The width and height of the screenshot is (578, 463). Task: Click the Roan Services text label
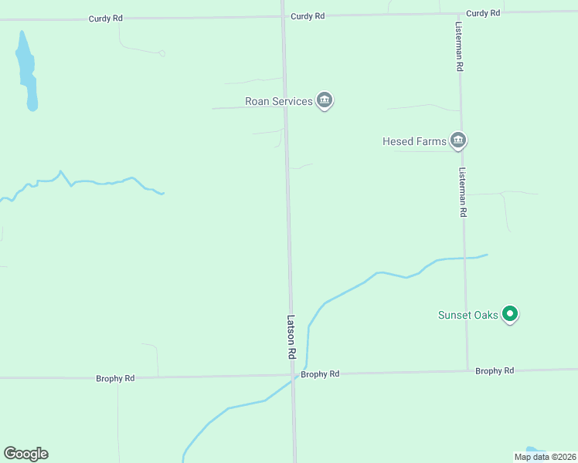click(278, 101)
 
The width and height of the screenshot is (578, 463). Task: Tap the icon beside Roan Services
click(325, 100)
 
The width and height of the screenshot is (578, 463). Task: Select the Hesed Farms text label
click(414, 141)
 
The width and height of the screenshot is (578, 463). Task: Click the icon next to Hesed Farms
click(459, 140)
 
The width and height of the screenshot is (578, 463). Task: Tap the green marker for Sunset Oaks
click(509, 313)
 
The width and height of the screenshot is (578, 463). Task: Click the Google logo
click(25, 454)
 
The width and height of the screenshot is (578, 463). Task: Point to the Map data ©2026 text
click(545, 457)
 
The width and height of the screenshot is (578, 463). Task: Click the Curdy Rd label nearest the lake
click(105, 17)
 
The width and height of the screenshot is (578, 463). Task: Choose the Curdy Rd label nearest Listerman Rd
click(484, 13)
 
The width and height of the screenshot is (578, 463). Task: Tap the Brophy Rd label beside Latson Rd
click(320, 374)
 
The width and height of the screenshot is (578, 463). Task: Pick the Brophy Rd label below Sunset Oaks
click(495, 371)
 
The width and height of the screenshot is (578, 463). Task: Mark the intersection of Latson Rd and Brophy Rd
click(293, 375)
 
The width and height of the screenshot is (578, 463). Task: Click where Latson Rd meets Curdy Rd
click(283, 15)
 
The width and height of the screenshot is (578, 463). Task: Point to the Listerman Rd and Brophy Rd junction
click(467, 371)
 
